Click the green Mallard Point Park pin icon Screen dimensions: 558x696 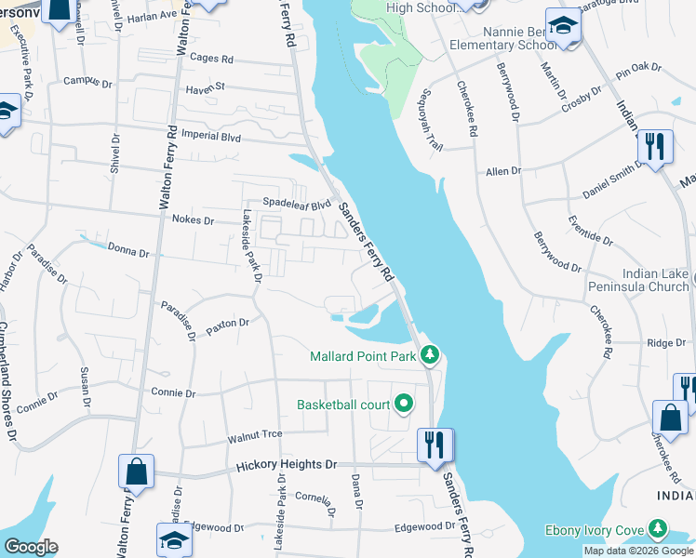(429, 354)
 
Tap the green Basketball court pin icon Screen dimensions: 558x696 (403, 404)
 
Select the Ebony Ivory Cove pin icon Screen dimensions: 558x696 (658, 530)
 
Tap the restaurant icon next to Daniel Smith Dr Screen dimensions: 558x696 (655, 147)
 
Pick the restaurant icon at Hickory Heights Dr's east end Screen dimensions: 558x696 (435, 445)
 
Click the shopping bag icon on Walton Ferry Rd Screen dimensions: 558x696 (137, 472)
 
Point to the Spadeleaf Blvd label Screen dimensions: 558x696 (297, 204)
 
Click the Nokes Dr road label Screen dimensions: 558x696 (194, 220)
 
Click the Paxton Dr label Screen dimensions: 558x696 (229, 324)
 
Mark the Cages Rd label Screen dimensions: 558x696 (211, 59)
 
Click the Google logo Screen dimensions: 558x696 (32, 547)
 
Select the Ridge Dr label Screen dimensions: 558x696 (666, 343)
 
